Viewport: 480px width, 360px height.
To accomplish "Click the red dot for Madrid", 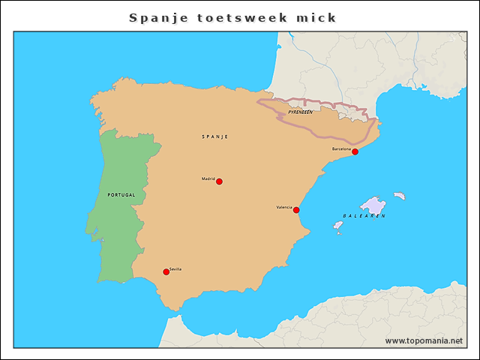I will (x=219, y=181).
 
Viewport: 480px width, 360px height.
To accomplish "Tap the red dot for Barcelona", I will (x=355, y=152).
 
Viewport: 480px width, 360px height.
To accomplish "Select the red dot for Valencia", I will (x=296, y=210).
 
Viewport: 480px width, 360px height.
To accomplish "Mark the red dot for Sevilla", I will (x=166, y=272).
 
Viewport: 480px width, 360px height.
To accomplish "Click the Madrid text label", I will (x=208, y=178).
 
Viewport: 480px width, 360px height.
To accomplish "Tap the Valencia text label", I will (x=284, y=207).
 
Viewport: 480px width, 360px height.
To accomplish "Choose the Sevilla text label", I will (x=175, y=268).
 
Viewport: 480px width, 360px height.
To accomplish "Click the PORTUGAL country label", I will (x=121, y=195).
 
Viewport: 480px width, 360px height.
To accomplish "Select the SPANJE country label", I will (x=214, y=136).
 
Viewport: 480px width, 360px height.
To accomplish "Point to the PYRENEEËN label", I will (x=300, y=112).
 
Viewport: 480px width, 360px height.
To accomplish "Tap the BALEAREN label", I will (x=364, y=216).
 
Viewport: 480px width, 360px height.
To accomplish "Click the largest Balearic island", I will (x=373, y=205).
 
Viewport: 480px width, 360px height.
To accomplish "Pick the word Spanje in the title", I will (x=156, y=17).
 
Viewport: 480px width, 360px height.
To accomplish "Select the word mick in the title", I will (x=316, y=17).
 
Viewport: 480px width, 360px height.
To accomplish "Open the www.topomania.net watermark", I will (x=424, y=340).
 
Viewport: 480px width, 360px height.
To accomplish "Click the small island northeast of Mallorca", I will (x=400, y=196).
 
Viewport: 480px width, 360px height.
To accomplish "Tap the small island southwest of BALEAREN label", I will (x=338, y=224).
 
